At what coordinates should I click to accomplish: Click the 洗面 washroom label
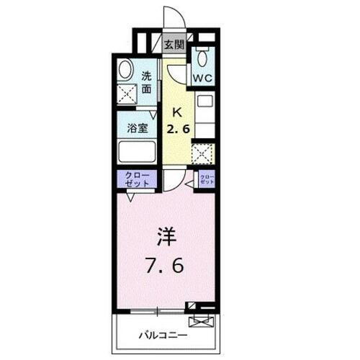point(146,83)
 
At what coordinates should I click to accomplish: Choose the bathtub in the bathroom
point(135,153)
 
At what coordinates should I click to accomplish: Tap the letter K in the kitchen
point(177,114)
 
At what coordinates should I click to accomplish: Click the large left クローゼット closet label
point(133,179)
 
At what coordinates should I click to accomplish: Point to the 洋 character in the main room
point(165,238)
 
